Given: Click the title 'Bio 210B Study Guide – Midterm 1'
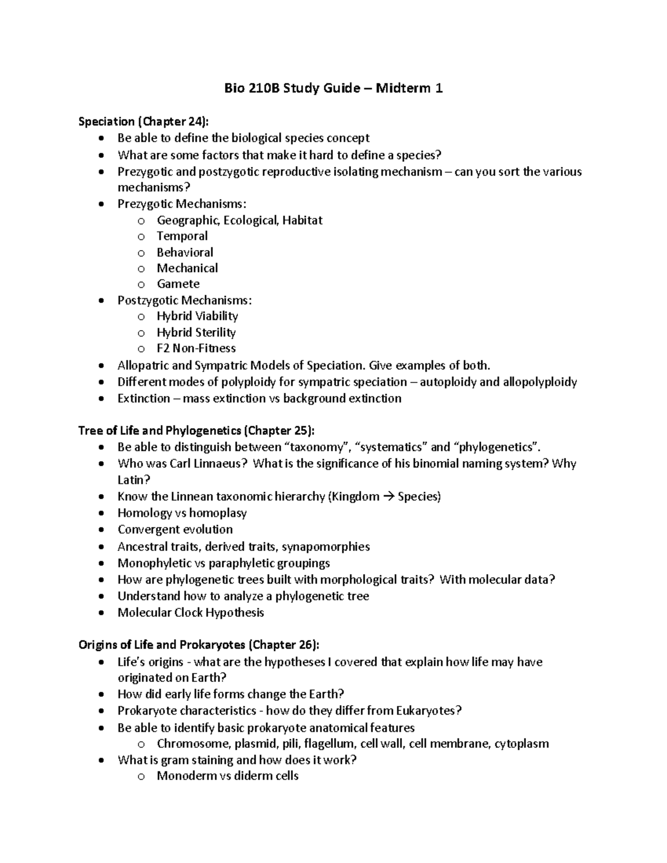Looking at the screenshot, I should pos(333,88).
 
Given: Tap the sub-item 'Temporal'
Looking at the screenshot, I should pos(182,236).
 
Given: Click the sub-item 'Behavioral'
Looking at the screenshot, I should pos(185,252).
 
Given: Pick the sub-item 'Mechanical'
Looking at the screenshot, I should pos(187,268).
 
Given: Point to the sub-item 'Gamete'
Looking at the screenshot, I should pos(178,284).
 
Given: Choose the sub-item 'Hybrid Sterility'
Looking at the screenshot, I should pos(196,332).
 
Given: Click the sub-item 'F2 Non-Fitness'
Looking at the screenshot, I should pos(196,348).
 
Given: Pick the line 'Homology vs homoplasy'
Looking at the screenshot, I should pos(182,513).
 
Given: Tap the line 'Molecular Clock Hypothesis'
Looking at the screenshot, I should pos(191,612).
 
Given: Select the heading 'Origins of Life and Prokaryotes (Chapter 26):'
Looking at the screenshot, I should pos(199,645).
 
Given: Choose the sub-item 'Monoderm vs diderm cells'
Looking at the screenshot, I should pos(227,776).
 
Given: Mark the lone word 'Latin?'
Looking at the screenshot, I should pos(134,480).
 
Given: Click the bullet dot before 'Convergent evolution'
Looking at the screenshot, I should pos(100,530).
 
